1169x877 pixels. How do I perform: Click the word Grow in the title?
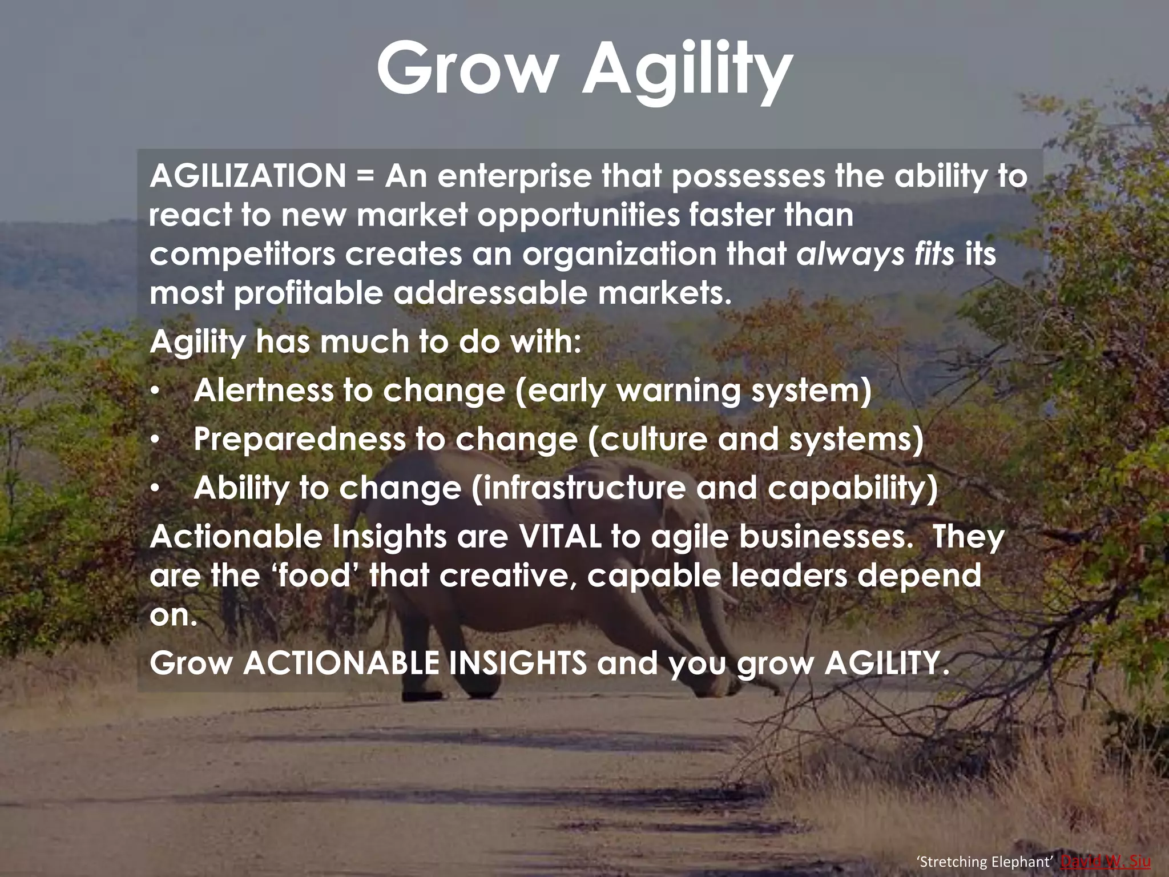(466, 69)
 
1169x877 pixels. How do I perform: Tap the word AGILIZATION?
(248, 176)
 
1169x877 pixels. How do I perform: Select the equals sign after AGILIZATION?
(365, 176)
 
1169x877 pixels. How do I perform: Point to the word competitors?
(242, 255)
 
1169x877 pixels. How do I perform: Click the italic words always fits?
(875, 254)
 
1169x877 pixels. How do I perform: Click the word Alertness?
(263, 391)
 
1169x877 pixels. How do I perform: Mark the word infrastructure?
(579, 488)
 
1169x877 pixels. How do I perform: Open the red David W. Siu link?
(1105, 862)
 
